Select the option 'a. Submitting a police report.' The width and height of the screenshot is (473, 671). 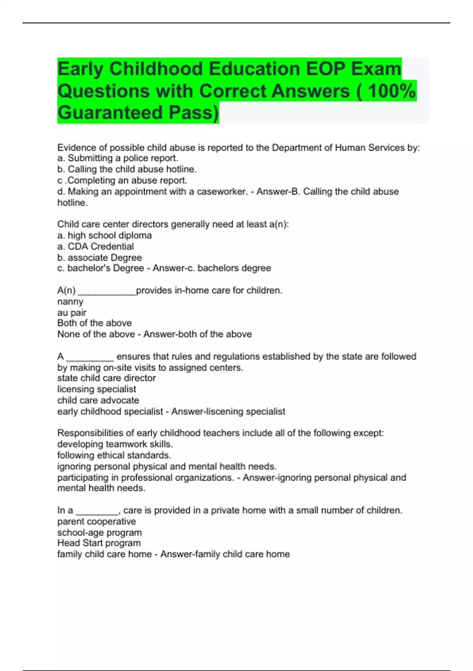point(118,158)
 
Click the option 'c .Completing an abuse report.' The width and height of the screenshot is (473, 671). point(122,180)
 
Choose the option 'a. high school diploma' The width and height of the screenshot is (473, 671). point(104,235)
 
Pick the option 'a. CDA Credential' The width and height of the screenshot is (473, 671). point(95,246)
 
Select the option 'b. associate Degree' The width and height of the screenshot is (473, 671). point(99,257)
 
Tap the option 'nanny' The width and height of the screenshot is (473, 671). point(70,302)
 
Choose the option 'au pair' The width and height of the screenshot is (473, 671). point(72,313)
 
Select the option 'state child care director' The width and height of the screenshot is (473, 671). point(106,378)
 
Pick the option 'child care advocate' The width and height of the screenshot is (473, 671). point(98,400)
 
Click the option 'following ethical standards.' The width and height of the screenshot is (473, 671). point(114,455)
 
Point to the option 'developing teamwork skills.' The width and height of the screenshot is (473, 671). point(115,444)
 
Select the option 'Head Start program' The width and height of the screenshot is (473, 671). point(99,543)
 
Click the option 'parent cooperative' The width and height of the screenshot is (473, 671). point(97,521)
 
